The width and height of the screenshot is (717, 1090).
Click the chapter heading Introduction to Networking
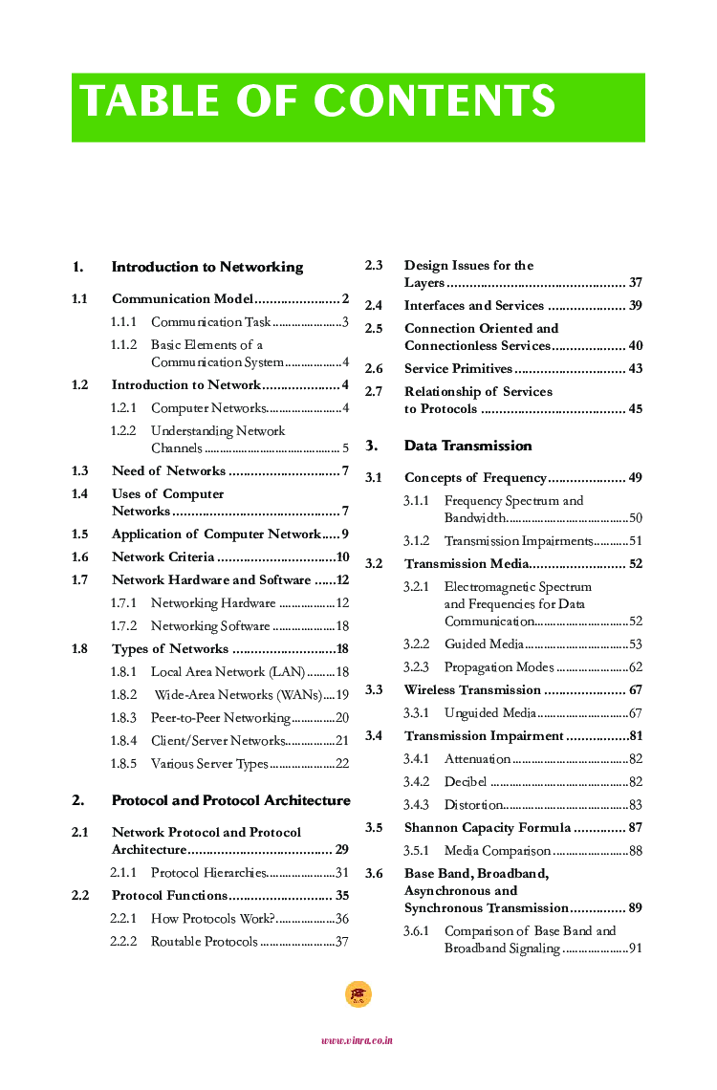coord(207,267)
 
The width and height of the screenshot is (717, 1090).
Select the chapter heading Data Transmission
coord(467,446)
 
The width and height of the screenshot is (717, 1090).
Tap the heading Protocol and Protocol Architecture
coord(230,800)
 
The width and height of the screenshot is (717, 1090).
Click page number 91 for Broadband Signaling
coord(635,948)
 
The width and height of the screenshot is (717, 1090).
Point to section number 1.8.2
coord(123,695)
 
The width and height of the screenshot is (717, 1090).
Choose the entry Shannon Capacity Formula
coord(488,828)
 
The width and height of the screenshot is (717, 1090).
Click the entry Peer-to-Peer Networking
coord(220,718)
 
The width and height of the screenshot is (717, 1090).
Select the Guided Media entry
coord(484,644)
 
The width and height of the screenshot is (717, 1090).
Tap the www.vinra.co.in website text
coord(357,1040)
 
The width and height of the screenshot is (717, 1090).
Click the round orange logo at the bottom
coord(358,994)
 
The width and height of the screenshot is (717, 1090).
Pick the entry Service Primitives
coord(458,369)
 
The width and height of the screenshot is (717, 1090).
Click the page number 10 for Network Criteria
coord(342,557)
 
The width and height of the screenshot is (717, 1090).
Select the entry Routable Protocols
coord(204,942)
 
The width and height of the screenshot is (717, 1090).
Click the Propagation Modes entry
coord(498,667)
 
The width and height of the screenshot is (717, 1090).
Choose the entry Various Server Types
coord(209,764)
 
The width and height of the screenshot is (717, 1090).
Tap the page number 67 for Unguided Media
coord(635,713)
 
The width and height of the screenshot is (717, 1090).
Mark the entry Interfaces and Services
coord(473,306)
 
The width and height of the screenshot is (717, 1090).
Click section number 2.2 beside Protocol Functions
coord(80,896)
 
